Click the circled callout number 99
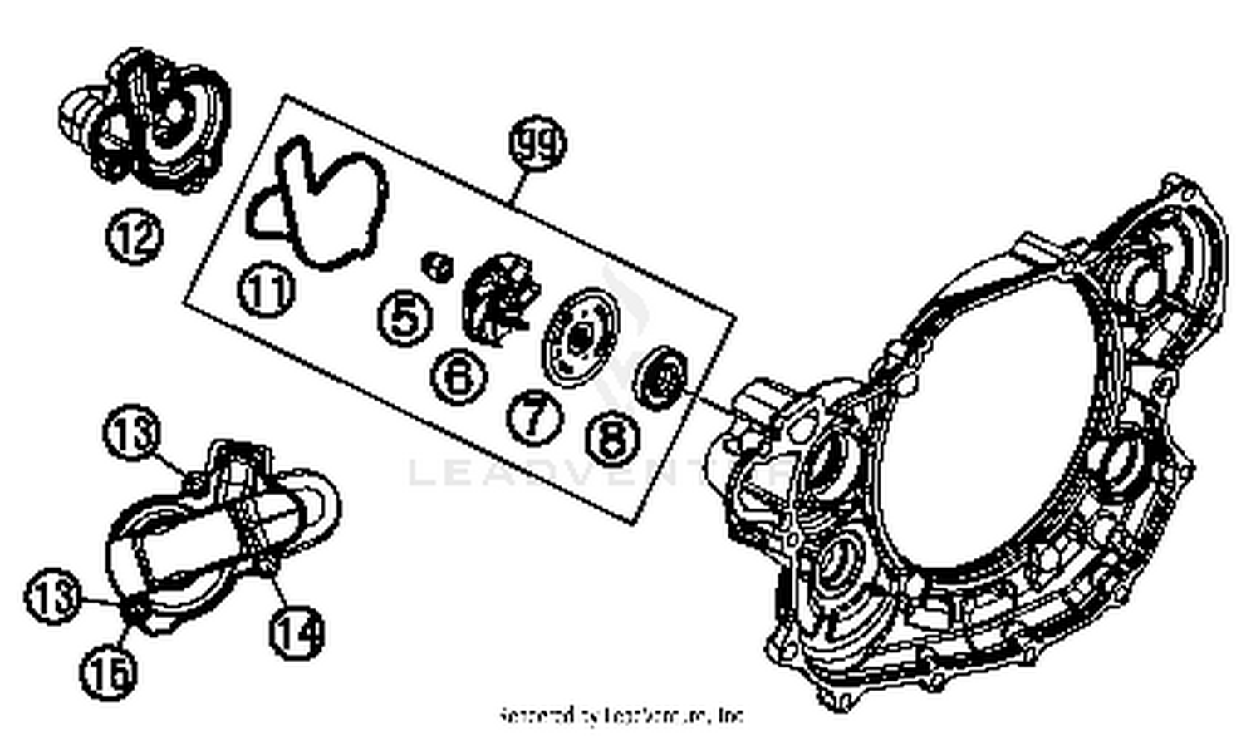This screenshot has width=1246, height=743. [537, 144]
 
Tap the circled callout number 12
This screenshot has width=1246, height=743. [134, 237]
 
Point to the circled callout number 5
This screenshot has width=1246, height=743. [405, 318]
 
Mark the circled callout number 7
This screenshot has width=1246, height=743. [535, 416]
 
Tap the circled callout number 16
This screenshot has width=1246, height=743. [109, 672]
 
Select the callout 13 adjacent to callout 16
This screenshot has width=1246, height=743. [52, 596]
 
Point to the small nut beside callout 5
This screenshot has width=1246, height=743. [437, 266]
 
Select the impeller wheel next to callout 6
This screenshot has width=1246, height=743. [499, 299]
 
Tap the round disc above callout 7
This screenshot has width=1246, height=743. [581, 337]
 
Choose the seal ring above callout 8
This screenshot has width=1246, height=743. [661, 377]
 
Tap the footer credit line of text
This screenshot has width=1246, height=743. [621, 716]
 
